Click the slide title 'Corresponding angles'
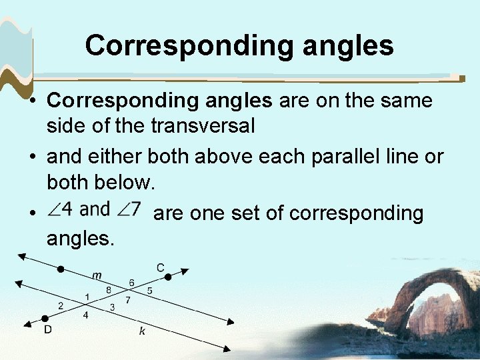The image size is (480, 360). pos(239,45)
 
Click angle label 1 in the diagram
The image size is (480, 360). pos(87,296)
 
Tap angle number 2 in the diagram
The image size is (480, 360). pos(61,306)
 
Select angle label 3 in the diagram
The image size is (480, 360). pos(113,307)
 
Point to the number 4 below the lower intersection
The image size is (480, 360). pos(85,315)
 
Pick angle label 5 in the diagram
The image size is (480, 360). pos(149,290)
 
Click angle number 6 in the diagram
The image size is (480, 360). pos(131,283)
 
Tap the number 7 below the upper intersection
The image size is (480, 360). pos(127,300)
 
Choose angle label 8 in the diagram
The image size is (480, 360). pos(109,289)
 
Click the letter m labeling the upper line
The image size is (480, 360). pos(97,275)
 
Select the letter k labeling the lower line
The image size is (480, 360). pos(141,331)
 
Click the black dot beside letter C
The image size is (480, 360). pos(168,276)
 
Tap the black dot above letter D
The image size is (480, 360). pos(45,319)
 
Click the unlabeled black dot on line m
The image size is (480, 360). pos(61,269)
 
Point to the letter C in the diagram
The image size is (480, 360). pos(160,267)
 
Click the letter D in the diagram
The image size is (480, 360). pos(49,329)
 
